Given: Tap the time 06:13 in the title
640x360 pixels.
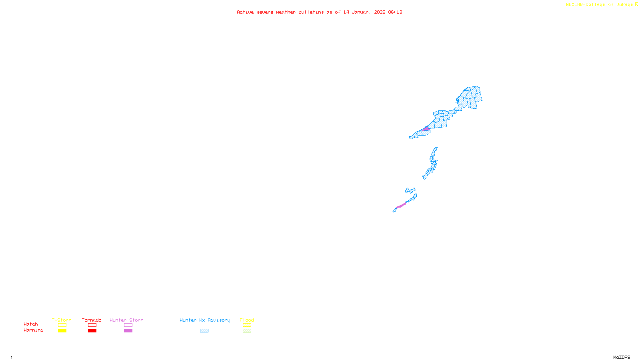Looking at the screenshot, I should click(x=395, y=12).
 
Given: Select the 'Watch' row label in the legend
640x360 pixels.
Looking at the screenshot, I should click(x=31, y=324).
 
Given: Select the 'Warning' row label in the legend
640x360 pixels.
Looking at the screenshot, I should click(x=34, y=330).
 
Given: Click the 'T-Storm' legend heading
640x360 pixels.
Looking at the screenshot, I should click(x=62, y=320).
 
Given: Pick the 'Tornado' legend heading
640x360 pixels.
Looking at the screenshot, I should click(x=92, y=320).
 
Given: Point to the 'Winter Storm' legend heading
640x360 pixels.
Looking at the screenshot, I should click(x=126, y=320).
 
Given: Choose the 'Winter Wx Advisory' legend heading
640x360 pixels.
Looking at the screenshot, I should click(x=205, y=320).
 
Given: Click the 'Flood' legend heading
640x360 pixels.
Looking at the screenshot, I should click(x=247, y=320).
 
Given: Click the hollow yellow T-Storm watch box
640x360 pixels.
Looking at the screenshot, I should click(x=62, y=325).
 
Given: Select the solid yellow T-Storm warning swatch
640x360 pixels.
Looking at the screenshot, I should click(x=62, y=331).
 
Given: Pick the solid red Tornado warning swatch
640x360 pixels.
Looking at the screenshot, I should click(x=92, y=331).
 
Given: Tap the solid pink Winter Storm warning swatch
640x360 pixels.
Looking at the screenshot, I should click(x=128, y=331).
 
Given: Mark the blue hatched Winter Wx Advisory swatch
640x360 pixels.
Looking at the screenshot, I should click(x=204, y=331).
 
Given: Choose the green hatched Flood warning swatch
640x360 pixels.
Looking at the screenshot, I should click(x=247, y=331).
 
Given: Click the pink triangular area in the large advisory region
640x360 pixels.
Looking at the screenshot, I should click(x=426, y=129).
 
